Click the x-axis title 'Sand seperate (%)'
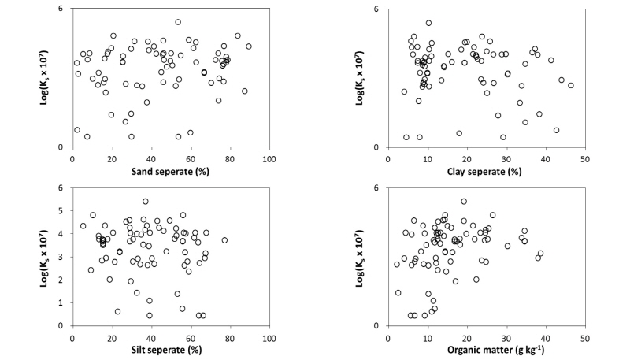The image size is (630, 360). (x=171, y=170)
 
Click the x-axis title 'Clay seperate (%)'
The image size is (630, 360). (x=486, y=170)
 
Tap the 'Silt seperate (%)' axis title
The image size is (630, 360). (x=170, y=348)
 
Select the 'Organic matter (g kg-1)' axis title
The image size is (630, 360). (x=486, y=348)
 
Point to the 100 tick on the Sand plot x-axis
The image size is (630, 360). (x=269, y=157)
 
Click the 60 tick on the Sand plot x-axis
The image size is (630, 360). (x=191, y=157)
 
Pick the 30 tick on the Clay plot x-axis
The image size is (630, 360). (x=506, y=157)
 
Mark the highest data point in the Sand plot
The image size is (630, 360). (x=178, y=22)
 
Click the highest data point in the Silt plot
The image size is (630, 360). (x=146, y=201)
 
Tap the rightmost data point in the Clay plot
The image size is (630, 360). (x=571, y=85)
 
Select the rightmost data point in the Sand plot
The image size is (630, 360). (x=249, y=46)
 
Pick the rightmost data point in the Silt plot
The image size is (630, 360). (x=224, y=240)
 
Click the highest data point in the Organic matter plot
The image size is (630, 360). (x=464, y=201)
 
